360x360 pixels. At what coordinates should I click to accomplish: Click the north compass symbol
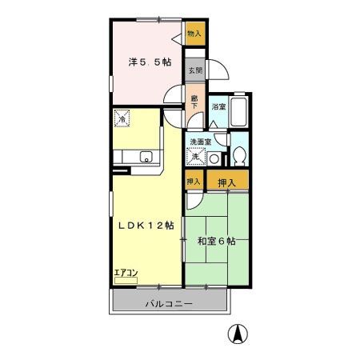coord(238,334)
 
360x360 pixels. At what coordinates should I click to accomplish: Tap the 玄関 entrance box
coord(194,70)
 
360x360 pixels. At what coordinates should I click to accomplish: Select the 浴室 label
coord(217,106)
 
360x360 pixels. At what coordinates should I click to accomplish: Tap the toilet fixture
coord(238,154)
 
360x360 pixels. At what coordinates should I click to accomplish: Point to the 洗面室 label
coord(200,142)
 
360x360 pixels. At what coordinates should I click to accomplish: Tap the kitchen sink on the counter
coord(146,157)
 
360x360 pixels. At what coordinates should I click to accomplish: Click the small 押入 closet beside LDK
coord(193,182)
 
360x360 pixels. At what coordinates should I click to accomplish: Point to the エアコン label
coord(126,274)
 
